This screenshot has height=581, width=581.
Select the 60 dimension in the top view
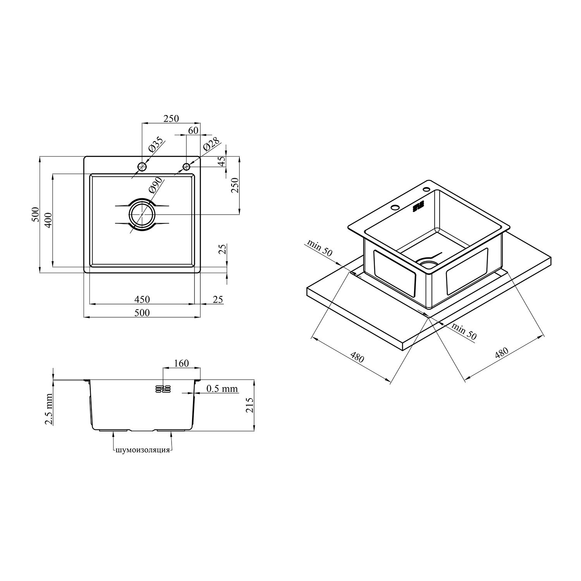[x=193, y=131]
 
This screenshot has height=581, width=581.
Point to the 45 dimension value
[x=222, y=162]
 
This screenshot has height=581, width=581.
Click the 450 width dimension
[x=142, y=299]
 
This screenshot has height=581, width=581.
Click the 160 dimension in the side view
[x=181, y=363]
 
